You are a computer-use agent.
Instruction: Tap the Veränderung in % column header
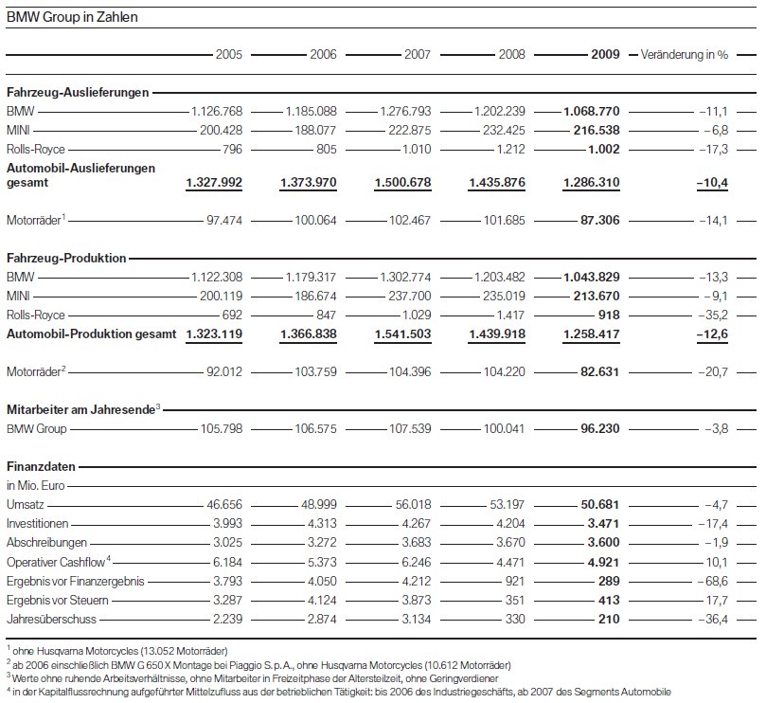(685, 55)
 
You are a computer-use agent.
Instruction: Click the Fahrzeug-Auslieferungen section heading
(79, 93)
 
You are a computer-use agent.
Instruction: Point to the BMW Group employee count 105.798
(221, 429)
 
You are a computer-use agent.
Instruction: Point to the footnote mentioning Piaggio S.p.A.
(260, 664)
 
